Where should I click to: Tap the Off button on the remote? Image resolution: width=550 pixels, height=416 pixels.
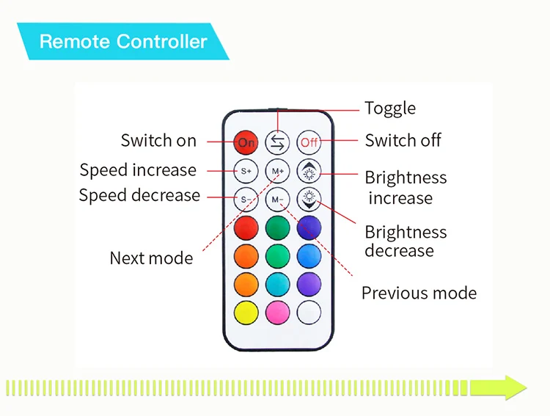(309, 142)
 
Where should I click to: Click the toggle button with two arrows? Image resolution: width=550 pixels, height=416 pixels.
(277, 142)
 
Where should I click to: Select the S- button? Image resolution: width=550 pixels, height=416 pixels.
(246, 199)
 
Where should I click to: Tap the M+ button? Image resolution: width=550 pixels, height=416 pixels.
(277, 170)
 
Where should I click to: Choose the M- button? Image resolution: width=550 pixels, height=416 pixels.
(277, 199)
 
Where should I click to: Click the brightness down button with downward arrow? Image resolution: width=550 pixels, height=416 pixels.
(309, 199)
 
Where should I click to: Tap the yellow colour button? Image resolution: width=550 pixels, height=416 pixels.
(246, 313)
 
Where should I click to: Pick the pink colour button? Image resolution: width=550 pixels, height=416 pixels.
(277, 313)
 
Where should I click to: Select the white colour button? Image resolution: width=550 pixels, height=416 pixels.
(309, 313)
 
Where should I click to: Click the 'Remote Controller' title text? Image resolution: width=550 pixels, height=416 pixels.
(123, 42)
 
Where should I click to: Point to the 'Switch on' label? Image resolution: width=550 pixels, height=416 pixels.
(158, 140)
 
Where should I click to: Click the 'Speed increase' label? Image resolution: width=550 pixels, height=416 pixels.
(138, 170)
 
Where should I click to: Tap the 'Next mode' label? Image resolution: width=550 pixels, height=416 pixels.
(151, 258)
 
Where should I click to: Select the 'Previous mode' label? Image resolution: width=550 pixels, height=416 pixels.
(419, 293)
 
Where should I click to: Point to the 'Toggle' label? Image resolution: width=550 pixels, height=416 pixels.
(390, 109)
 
